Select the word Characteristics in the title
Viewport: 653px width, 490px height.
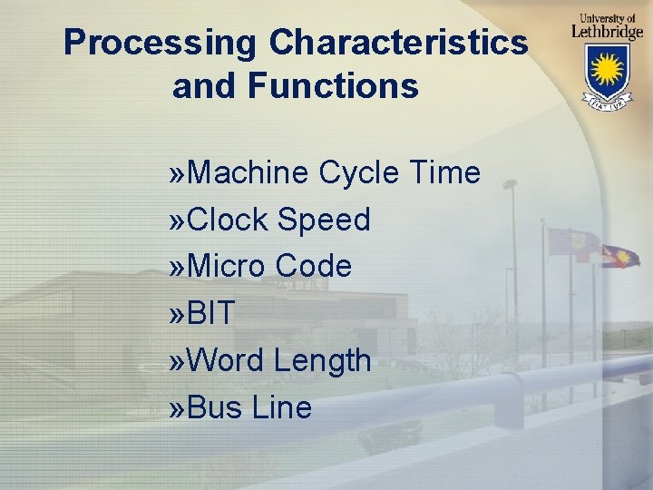point(398,43)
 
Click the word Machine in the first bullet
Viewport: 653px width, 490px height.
point(250,171)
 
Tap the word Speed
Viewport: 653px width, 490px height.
point(324,220)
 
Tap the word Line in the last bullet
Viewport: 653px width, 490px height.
point(282,408)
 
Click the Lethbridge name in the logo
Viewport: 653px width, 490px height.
point(607,31)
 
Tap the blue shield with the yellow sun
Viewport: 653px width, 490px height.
point(608,72)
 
